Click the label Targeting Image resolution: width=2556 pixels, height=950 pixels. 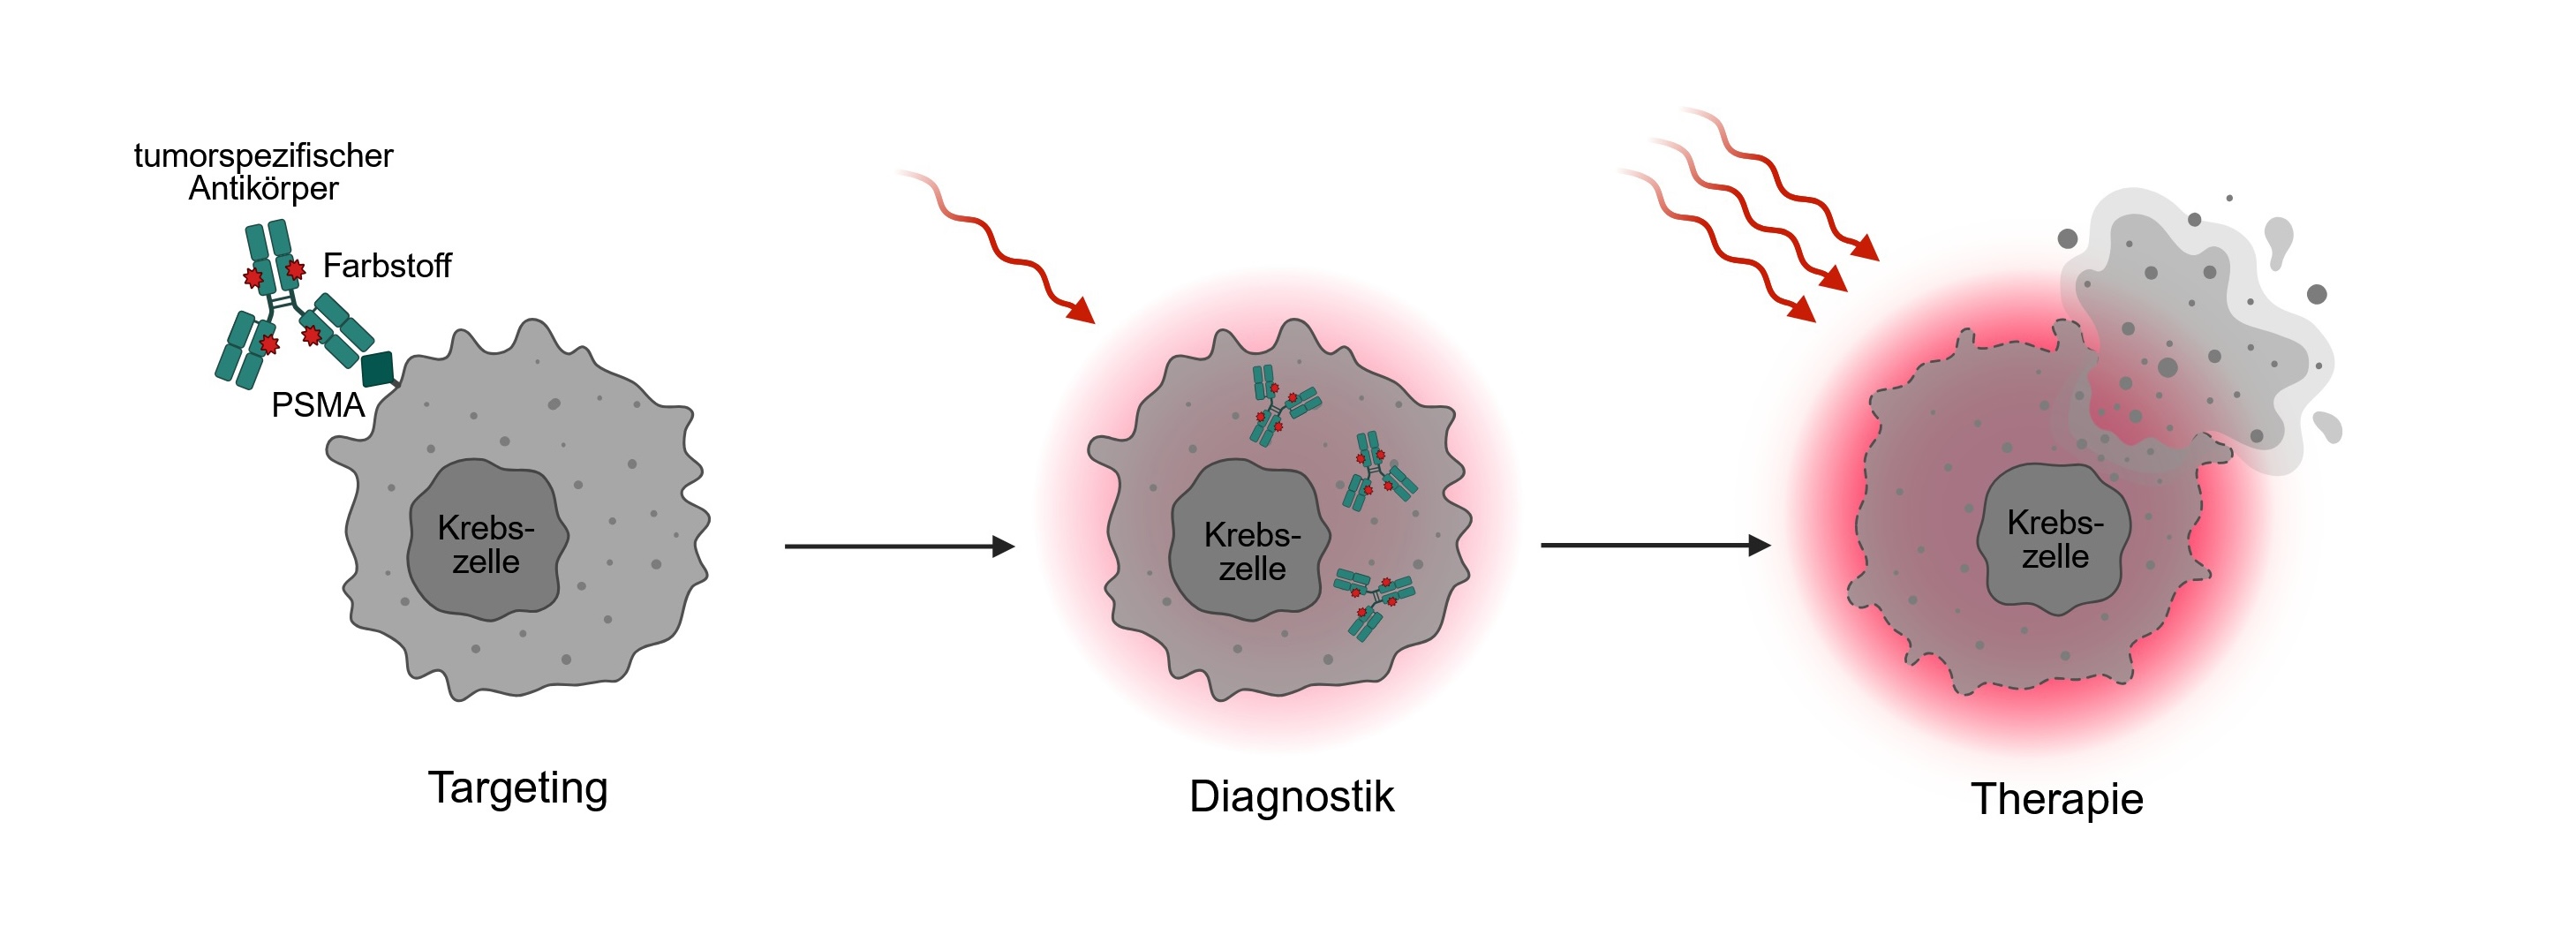pyautogui.click(x=517, y=789)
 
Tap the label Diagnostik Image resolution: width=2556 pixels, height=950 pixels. pyautogui.click(x=1291, y=797)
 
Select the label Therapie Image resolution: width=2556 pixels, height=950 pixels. pyautogui.click(x=2056, y=800)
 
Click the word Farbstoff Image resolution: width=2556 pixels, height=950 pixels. pyautogui.click(x=386, y=266)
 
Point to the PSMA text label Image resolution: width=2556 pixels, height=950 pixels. pyautogui.click(x=318, y=405)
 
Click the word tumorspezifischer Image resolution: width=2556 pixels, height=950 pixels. pyautogui.click(x=263, y=156)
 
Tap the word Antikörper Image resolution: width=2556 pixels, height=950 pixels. pyautogui.click(x=263, y=189)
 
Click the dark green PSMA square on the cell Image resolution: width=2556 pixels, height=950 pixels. pyautogui.click(x=378, y=368)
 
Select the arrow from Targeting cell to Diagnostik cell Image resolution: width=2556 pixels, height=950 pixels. pyautogui.click(x=898, y=546)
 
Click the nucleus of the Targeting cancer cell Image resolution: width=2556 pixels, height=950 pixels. pyautogui.click(x=486, y=541)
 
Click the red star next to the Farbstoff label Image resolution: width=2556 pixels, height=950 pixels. pyautogui.click(x=295, y=269)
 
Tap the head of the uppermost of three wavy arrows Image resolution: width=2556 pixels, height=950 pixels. pyautogui.click(x=1866, y=248)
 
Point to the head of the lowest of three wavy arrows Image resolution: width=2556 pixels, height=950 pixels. pyautogui.click(x=1802, y=310)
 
